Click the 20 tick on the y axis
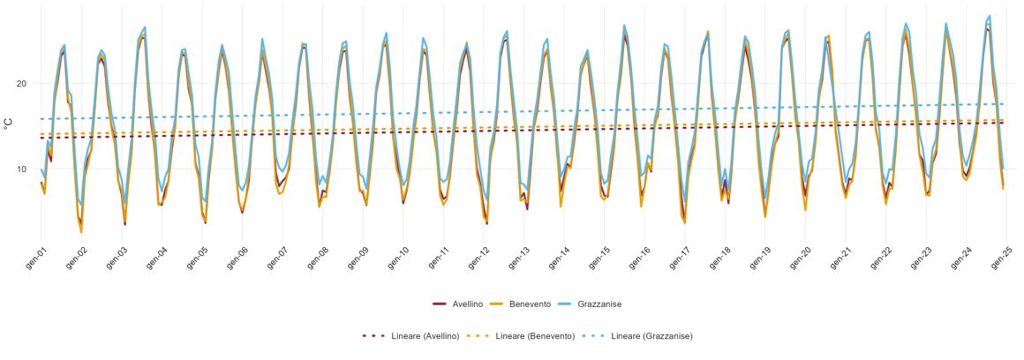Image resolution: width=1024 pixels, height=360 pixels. pyautogui.click(x=21, y=84)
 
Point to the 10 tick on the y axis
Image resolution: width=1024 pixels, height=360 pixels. pyautogui.click(x=21, y=169)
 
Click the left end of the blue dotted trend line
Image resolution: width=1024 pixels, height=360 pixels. pyautogui.click(x=41, y=119)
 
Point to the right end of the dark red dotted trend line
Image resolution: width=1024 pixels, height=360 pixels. pyautogui.click(x=1004, y=123)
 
